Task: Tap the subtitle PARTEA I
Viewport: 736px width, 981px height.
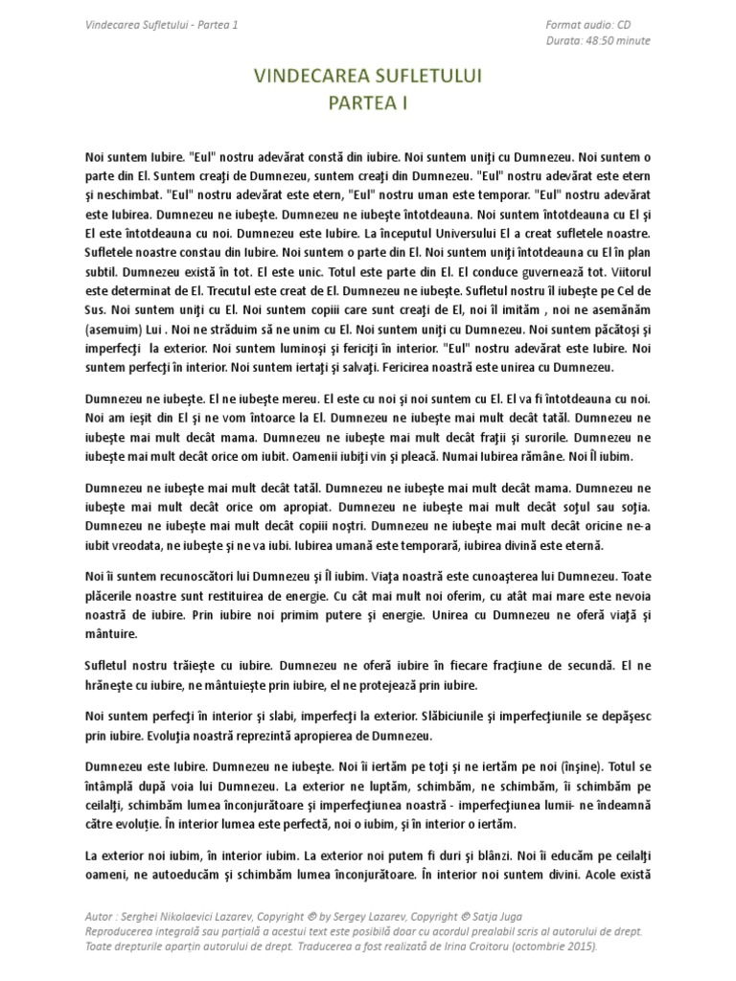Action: pos(369,104)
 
